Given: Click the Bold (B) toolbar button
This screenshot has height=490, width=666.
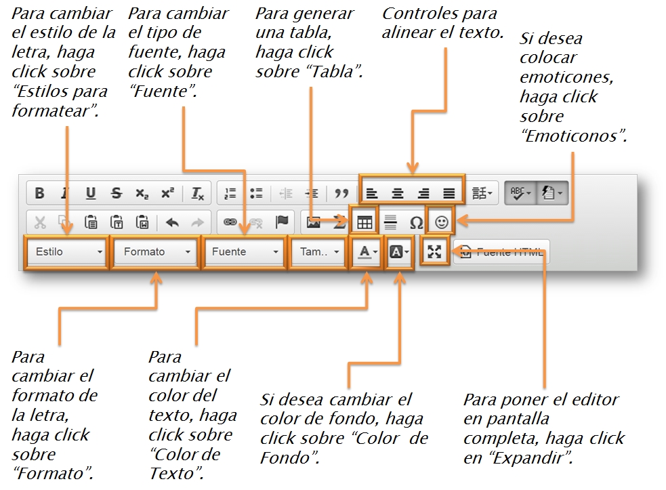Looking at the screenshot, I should pyautogui.click(x=39, y=193).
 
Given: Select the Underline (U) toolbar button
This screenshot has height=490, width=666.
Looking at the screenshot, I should pyautogui.click(x=91, y=193).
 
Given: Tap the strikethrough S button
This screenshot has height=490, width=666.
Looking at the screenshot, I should pyautogui.click(x=117, y=193).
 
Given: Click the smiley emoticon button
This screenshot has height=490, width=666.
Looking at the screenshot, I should pyautogui.click(x=441, y=222).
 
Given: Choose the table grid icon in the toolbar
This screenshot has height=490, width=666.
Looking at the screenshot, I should pyautogui.click(x=365, y=222).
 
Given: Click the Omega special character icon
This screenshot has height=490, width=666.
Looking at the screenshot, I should pyautogui.click(x=416, y=222).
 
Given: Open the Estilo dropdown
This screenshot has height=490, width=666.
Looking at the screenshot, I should pyautogui.click(x=66, y=251).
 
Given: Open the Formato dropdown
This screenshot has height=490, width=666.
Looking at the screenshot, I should pyautogui.click(x=156, y=251).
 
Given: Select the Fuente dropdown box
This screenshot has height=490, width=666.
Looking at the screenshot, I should pyautogui.click(x=245, y=251).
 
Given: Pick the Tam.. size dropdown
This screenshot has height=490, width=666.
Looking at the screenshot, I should pyautogui.click(x=318, y=251).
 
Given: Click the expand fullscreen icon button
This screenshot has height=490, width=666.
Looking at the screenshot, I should pyautogui.click(x=434, y=251).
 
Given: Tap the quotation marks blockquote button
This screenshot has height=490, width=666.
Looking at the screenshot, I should pyautogui.click(x=341, y=193).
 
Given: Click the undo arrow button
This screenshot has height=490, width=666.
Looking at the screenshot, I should pyautogui.click(x=172, y=222).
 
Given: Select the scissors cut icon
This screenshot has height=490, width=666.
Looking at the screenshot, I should pyautogui.click(x=39, y=222).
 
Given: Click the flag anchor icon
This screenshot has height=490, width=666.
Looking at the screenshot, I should pyautogui.click(x=282, y=222).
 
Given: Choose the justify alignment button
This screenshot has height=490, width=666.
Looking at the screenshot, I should pyautogui.click(x=449, y=193).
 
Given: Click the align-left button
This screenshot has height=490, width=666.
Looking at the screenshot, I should pyautogui.click(x=371, y=193).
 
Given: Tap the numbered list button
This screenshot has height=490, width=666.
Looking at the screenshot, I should pyautogui.click(x=230, y=193).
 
